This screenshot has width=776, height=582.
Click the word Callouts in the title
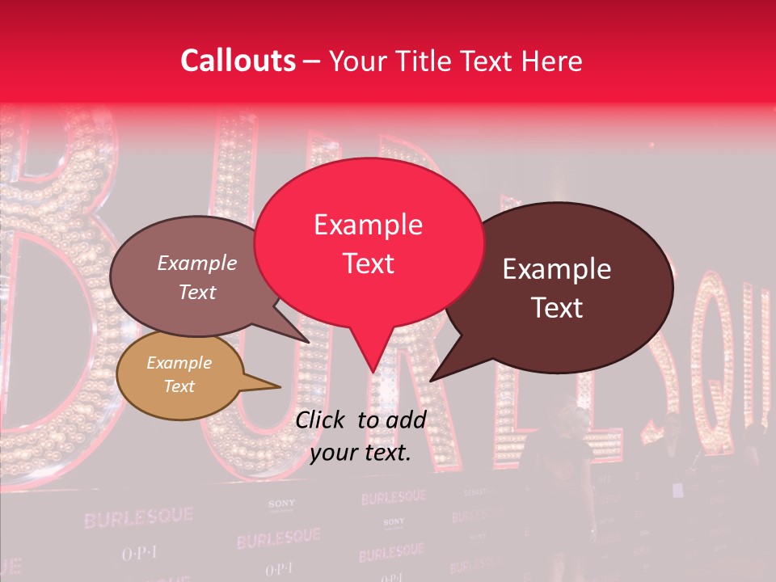point(238,61)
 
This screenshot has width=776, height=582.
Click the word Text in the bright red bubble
point(368,263)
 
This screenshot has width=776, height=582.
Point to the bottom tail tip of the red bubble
point(373,371)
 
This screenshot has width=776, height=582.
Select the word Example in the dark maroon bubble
point(557,269)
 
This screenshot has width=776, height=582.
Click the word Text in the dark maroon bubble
point(558,307)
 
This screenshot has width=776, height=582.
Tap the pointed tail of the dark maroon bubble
point(432,379)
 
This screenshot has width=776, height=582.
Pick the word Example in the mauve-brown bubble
point(196,263)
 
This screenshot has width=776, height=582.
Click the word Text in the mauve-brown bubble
point(196,292)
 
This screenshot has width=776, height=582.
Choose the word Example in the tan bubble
point(179,363)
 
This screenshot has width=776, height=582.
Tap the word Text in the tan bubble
point(179,386)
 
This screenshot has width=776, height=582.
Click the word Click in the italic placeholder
point(322,420)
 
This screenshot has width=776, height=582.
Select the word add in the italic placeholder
point(407,420)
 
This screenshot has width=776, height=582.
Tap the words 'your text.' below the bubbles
point(361,453)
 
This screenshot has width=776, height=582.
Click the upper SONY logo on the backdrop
point(281,504)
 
